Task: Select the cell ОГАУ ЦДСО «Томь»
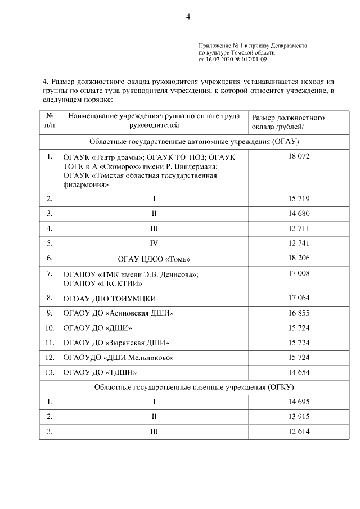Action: pyautogui.click(x=154, y=259)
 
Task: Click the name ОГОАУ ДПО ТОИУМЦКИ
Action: pyautogui.click(x=110, y=298)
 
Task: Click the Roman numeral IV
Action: pyautogui.click(x=154, y=244)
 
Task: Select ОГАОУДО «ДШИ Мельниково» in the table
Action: pyautogui.click(x=118, y=357)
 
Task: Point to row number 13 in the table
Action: pyautogui.click(x=49, y=372)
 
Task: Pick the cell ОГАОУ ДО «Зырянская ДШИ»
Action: pyautogui.click(x=116, y=343)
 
